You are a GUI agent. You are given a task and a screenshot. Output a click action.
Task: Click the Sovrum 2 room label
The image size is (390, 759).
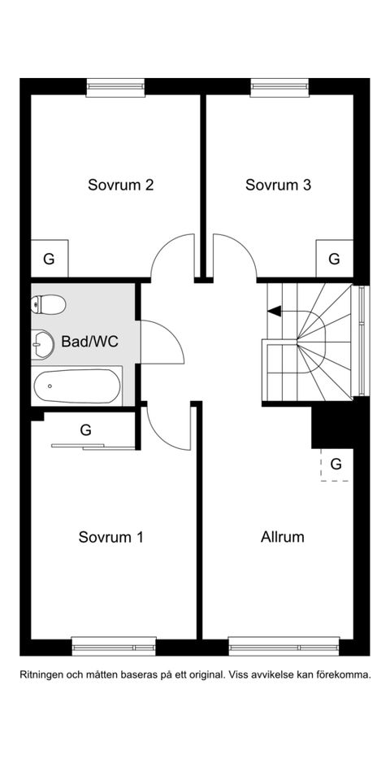click(x=120, y=185)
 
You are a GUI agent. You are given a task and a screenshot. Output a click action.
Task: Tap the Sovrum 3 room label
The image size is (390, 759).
click(x=278, y=185)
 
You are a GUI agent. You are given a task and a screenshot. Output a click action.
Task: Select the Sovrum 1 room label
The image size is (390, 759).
click(x=111, y=537)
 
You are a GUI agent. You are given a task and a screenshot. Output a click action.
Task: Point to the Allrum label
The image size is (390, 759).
click(x=283, y=537)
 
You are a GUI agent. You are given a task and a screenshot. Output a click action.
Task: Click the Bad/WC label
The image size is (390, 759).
click(x=90, y=342)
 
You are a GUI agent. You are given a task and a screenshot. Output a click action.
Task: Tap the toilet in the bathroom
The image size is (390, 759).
click(x=48, y=305)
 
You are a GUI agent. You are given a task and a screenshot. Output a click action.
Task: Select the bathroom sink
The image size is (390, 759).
click(x=42, y=345)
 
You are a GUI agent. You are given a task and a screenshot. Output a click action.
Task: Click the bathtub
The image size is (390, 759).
click(x=77, y=386)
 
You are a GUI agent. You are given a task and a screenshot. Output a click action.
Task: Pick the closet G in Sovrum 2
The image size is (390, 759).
click(x=50, y=259)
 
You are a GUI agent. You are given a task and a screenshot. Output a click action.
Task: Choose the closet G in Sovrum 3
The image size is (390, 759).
click(x=335, y=259)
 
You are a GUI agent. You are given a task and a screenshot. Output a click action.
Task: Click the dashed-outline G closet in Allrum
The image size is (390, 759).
click(x=336, y=465)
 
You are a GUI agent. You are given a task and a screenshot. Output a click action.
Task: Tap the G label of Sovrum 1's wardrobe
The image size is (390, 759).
click(x=86, y=430)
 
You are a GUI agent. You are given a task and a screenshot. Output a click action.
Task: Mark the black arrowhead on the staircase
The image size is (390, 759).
click(x=274, y=312)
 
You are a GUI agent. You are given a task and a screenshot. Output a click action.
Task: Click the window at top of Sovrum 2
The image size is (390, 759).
click(x=115, y=87)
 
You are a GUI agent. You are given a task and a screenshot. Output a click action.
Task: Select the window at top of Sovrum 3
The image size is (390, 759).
click(x=279, y=87)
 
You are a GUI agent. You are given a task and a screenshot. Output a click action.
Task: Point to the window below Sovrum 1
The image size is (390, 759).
click(x=114, y=647)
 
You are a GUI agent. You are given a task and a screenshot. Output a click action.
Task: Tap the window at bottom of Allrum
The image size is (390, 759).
click(x=284, y=647)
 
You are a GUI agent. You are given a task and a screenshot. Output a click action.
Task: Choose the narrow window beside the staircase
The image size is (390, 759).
click(x=362, y=341)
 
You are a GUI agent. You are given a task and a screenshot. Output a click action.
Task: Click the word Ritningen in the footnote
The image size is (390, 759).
click(x=41, y=674)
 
